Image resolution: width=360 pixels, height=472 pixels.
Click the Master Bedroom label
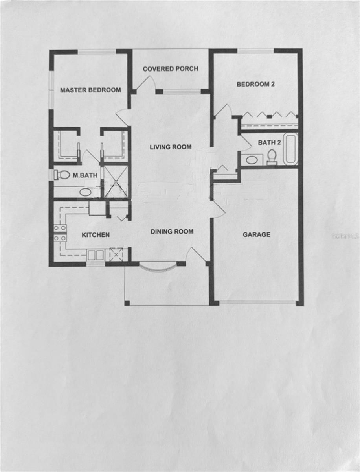click(x=90, y=90)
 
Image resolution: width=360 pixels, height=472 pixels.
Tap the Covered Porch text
click(x=171, y=69)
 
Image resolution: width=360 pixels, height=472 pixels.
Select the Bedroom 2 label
click(x=255, y=84)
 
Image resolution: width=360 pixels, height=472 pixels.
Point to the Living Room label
click(x=171, y=147)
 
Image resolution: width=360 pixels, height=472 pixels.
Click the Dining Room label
click(x=172, y=232)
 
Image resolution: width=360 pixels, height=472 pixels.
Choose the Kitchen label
click(x=96, y=235)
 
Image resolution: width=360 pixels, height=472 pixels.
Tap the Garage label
click(x=257, y=234)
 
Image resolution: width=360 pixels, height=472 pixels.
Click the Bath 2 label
click(x=269, y=142)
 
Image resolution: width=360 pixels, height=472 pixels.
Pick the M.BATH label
click(x=85, y=175)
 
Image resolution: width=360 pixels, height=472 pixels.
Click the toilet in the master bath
click(x=62, y=175)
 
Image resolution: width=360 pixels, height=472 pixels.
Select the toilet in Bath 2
click(x=272, y=157)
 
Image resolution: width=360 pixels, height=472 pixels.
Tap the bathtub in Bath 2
click(x=290, y=149)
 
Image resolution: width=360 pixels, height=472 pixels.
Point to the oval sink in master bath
click(x=85, y=192)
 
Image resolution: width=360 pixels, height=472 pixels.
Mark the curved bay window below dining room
click(x=158, y=268)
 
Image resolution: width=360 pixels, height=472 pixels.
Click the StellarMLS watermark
click(x=345, y=236)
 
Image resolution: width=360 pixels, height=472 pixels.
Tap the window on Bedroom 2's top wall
click(x=255, y=51)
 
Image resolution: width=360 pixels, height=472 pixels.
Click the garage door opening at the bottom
click(x=257, y=302)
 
